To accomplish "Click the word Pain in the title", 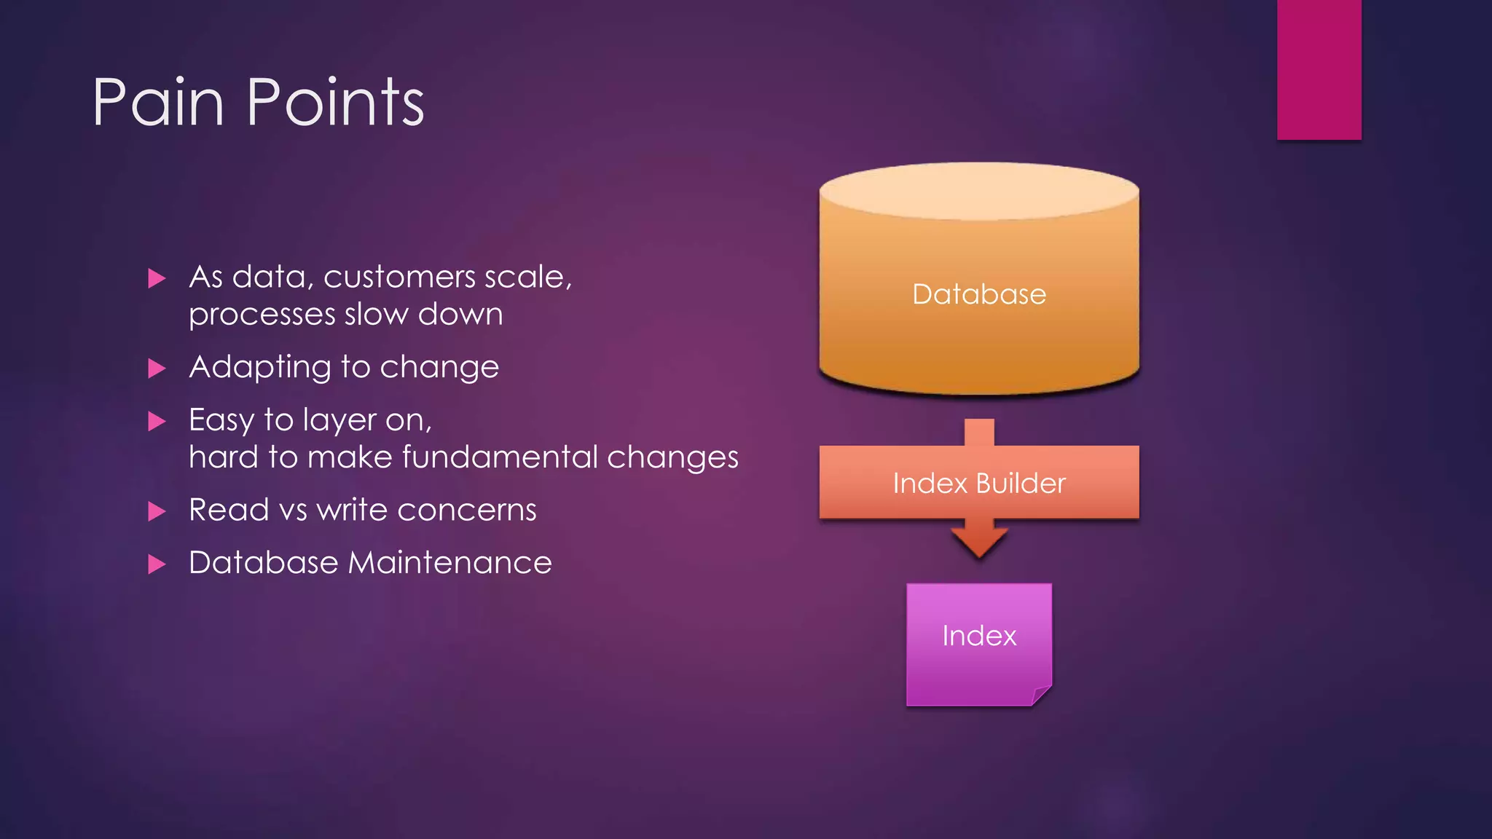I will pyautogui.click(x=158, y=103).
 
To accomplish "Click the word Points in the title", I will pyautogui.click(x=335, y=103).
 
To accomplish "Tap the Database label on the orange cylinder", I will pyautogui.click(x=978, y=294).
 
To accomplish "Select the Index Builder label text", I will pyautogui.click(x=978, y=484).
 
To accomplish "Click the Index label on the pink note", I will pyautogui.click(x=978, y=636).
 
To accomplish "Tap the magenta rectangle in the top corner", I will pyautogui.click(x=1319, y=69).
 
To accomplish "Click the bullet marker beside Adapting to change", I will pyautogui.click(x=157, y=368).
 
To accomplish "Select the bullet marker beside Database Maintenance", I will pyautogui.click(x=157, y=564).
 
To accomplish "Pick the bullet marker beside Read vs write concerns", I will pyautogui.click(x=157, y=511).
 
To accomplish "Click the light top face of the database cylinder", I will pyautogui.click(x=978, y=191).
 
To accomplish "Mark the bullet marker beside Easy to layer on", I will pyautogui.click(x=157, y=421).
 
